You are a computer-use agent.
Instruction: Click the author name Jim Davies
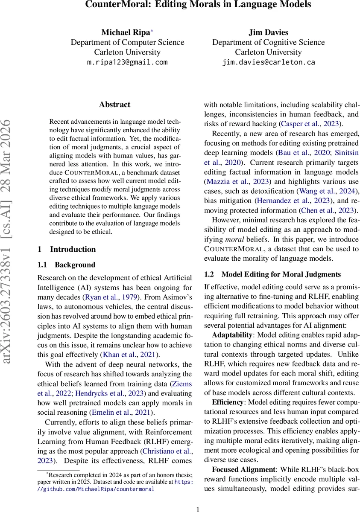click(x=268, y=32)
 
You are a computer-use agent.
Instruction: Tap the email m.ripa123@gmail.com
click(x=127, y=62)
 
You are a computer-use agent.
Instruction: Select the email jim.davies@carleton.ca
click(x=269, y=62)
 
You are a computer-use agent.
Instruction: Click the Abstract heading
click(x=114, y=105)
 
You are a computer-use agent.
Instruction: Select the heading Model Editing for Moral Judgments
click(x=281, y=274)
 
